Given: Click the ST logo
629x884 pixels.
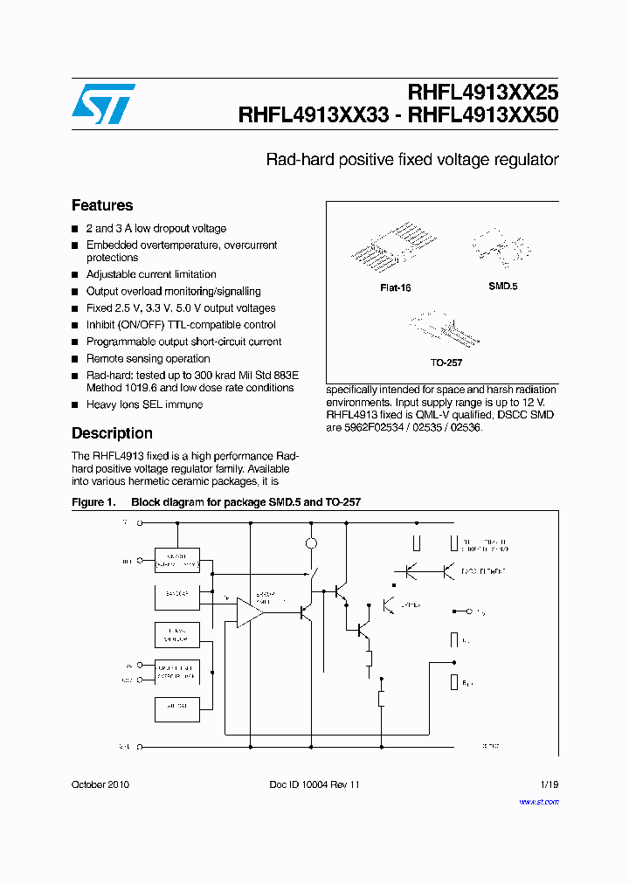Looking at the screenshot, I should coord(103,104).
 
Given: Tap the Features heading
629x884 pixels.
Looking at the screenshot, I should coord(102,205).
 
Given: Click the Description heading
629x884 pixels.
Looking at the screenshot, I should coord(112,433).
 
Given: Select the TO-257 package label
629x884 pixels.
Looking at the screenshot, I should coord(446,362).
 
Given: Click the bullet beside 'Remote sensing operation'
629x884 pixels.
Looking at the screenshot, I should coord(75,359).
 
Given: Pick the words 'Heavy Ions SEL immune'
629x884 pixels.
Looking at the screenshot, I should coord(144,404).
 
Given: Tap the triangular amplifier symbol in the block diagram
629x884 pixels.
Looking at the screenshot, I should coord(249,611).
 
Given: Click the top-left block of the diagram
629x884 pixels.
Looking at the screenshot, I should coord(177,560).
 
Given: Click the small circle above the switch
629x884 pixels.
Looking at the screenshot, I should coord(310,543).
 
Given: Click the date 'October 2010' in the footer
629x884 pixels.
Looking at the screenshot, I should coord(100,784).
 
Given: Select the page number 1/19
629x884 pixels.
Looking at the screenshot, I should coord(548,784).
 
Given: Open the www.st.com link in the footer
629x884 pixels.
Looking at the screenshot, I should coord(538,801).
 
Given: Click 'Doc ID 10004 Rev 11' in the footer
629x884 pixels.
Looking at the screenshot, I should coord(314,784).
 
